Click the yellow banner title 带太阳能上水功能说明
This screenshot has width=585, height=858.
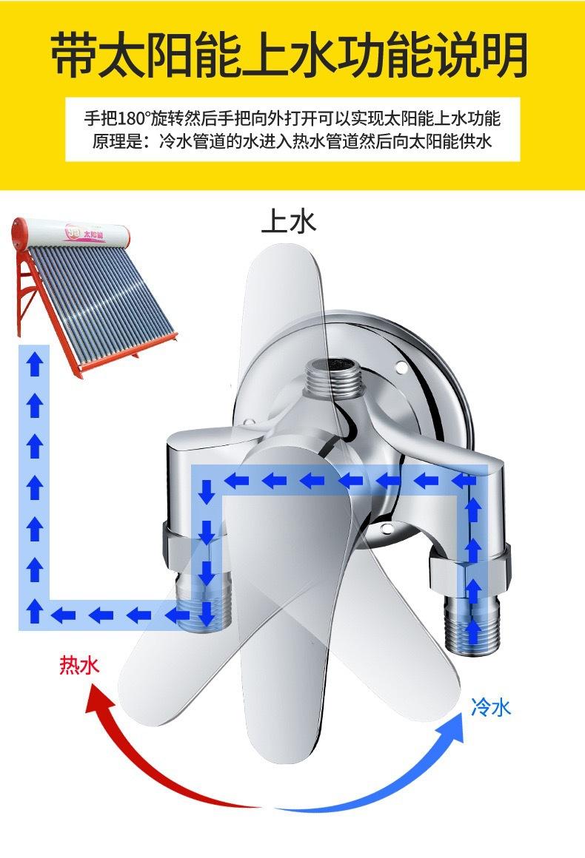tap(290, 55)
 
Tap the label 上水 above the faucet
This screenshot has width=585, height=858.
tap(289, 221)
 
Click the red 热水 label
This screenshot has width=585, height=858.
tap(79, 665)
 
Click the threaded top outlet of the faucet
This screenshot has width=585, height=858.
tap(335, 376)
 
